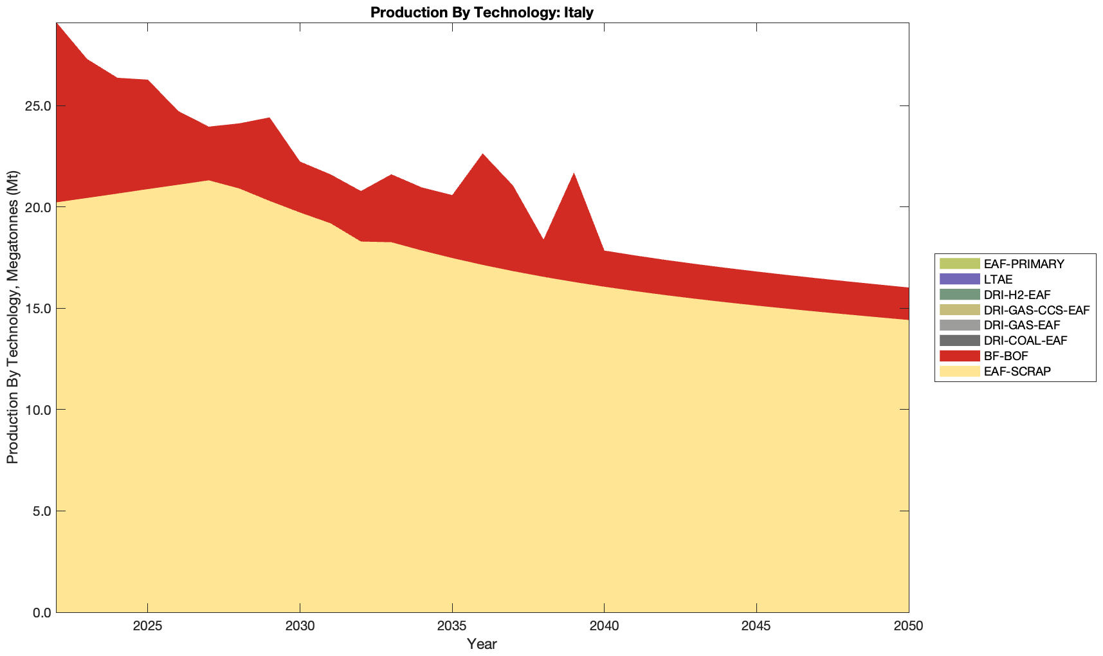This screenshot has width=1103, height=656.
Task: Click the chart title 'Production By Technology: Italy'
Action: tap(482, 12)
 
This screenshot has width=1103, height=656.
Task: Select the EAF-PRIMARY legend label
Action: tap(1024, 264)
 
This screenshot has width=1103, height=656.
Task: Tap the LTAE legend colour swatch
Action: tap(959, 279)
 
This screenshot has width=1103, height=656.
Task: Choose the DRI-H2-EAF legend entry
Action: tap(1017, 295)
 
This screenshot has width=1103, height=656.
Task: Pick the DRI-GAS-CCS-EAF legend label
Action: tap(1037, 310)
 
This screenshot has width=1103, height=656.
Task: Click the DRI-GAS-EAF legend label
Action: tap(1022, 325)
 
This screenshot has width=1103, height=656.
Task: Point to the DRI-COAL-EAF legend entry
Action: tap(1025, 341)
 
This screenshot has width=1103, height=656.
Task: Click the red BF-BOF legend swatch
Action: tap(959, 356)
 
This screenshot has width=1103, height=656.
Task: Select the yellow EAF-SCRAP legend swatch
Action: tap(959, 372)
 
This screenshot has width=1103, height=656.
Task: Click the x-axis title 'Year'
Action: tap(482, 644)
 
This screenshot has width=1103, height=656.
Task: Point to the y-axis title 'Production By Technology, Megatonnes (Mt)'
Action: tap(12, 317)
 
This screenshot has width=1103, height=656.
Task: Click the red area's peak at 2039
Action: tap(574, 174)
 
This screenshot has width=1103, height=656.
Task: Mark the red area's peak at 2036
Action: tap(482, 154)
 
